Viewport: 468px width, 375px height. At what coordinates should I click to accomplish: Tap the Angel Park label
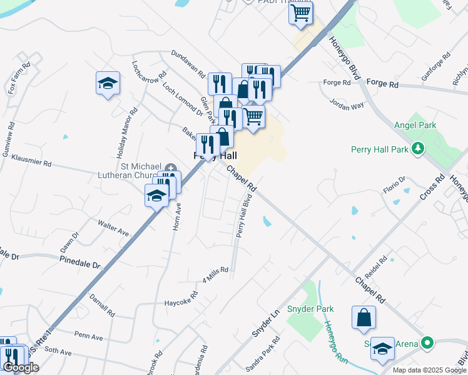click(415, 126)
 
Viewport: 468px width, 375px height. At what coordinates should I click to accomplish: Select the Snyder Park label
click(310, 309)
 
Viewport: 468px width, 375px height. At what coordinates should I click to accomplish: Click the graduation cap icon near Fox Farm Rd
click(108, 83)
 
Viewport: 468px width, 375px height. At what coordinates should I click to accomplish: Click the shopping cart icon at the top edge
click(301, 12)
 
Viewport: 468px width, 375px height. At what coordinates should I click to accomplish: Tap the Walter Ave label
click(113, 227)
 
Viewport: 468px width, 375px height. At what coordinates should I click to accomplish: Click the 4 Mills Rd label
click(215, 272)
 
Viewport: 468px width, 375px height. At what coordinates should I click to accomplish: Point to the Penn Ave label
click(89, 337)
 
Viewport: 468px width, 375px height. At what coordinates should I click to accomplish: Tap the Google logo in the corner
click(20, 367)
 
